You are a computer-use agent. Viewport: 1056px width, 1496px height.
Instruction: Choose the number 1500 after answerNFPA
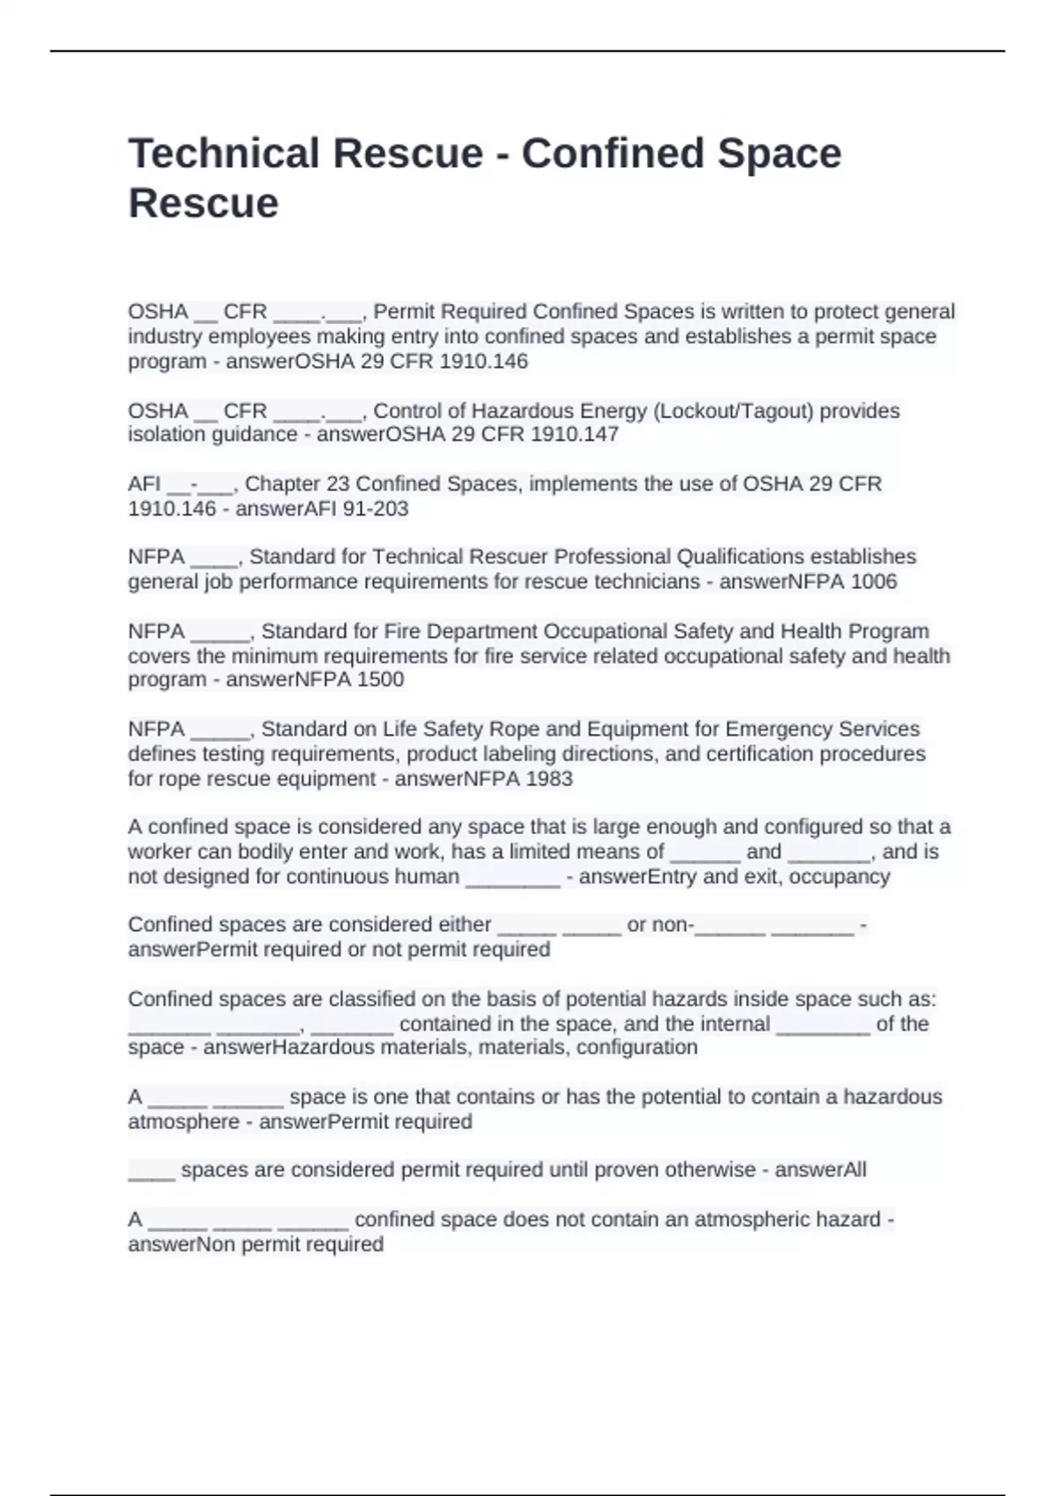click(380, 679)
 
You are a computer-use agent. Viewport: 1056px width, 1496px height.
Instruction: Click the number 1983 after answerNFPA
click(548, 779)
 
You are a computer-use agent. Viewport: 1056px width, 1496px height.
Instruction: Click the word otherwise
click(710, 1170)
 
